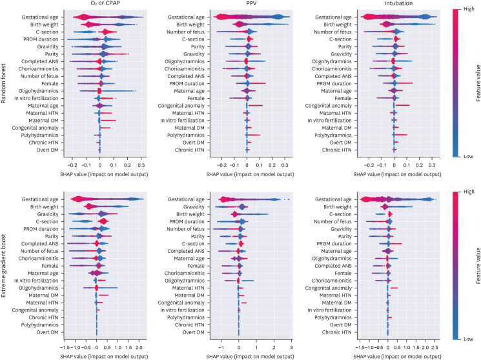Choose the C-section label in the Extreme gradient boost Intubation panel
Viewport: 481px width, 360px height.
coord(338,214)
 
